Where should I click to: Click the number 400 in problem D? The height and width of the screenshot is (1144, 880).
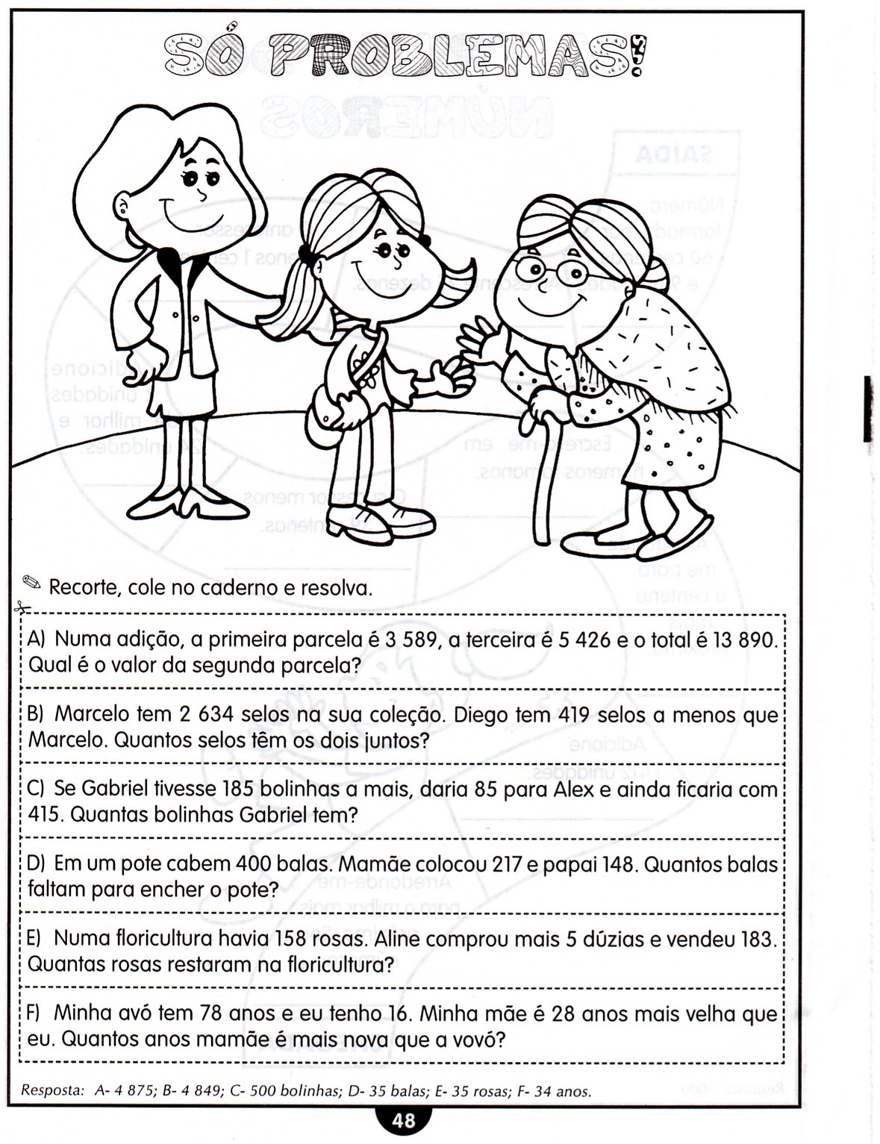pyautogui.click(x=258, y=864)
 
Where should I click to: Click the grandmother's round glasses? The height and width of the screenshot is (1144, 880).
pyautogui.click(x=554, y=272)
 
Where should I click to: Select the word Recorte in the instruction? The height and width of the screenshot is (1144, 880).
pyautogui.click(x=84, y=588)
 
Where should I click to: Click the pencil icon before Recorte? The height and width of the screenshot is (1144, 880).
pyautogui.click(x=33, y=582)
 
